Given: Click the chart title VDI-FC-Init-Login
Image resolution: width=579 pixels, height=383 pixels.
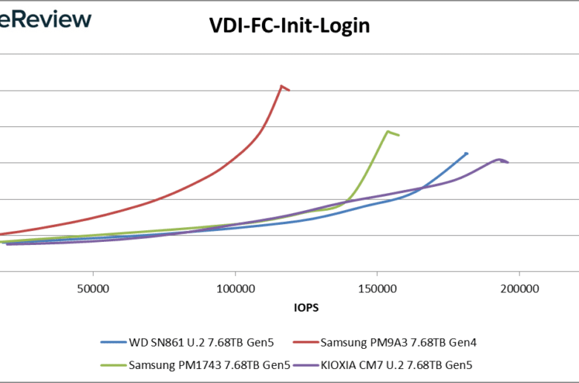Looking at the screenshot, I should (x=289, y=25).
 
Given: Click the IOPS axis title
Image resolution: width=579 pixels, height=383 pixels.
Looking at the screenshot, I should (x=306, y=306).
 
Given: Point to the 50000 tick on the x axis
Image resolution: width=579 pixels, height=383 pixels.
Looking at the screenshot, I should (x=93, y=287).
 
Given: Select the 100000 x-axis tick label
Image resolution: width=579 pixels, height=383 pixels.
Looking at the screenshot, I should (x=235, y=287).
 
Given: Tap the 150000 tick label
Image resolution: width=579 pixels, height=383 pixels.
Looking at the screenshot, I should (x=377, y=287).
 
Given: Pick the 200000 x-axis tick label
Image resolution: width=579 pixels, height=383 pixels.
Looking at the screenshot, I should (x=519, y=287).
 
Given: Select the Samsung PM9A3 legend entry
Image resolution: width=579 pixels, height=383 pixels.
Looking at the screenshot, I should (x=396, y=343).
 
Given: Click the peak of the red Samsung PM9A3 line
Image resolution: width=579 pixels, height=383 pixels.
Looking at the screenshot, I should (x=281, y=86).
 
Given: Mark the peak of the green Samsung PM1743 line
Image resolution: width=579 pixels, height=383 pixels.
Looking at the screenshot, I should (x=387, y=131).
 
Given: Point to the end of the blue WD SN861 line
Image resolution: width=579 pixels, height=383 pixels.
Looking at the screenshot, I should (x=466, y=154).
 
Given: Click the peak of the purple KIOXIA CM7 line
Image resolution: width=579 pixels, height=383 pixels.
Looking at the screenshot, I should (x=499, y=159).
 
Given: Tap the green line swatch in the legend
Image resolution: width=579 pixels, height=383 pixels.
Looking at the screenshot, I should (x=112, y=364).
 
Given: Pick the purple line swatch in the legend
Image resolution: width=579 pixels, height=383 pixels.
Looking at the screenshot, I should (x=304, y=364).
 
